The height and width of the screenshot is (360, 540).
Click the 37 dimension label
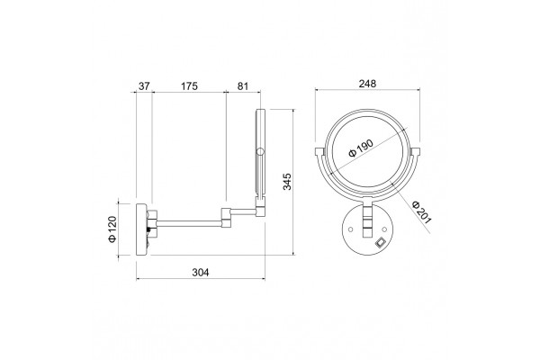144,85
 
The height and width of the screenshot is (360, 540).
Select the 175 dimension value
189,85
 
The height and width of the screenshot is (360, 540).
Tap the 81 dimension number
242,85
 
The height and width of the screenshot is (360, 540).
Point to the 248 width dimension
367,84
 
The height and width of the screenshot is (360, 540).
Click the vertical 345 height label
287,182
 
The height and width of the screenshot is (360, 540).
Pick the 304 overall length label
201,273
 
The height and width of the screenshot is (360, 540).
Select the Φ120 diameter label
112,229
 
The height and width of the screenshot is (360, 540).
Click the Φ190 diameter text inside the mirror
361,148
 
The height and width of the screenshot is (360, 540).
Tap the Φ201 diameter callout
422,211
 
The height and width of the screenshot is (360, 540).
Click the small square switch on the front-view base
380,242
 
